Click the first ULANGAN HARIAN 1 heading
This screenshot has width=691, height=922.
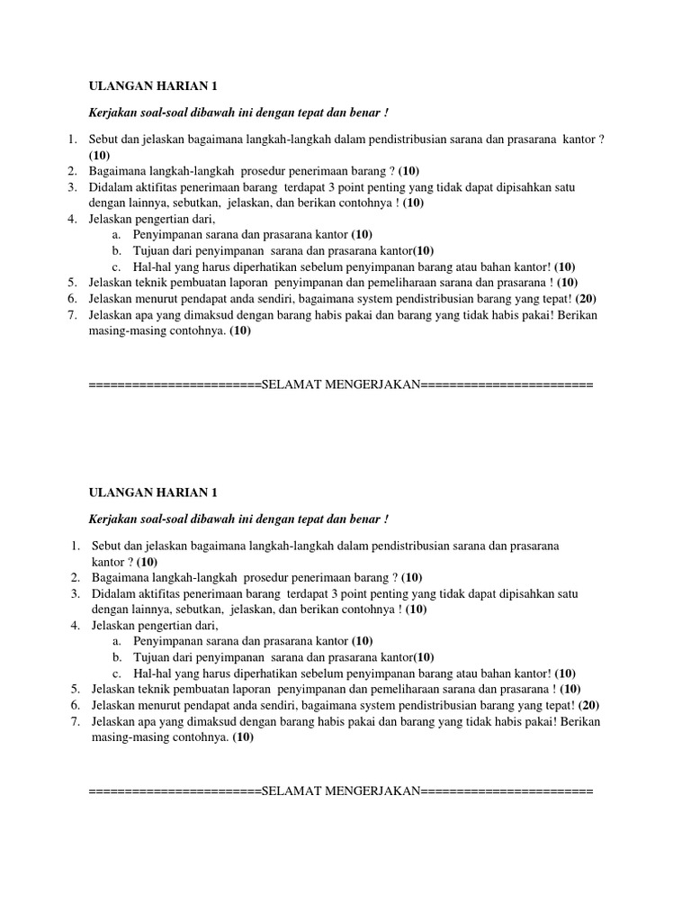tap(152, 86)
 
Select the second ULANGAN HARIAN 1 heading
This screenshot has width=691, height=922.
tap(152, 493)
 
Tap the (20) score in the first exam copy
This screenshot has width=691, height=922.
tap(586, 299)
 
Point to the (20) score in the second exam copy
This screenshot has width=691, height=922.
tap(589, 706)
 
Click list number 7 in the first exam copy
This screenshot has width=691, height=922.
tap(72, 315)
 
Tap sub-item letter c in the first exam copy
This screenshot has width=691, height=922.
tap(116, 267)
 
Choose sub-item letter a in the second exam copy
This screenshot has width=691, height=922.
tap(116, 641)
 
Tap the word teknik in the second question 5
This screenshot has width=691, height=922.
tap(150, 690)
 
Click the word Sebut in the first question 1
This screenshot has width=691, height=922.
tap(103, 139)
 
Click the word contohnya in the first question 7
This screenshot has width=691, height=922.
tap(198, 331)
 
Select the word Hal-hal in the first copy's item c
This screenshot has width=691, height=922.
tap(151, 267)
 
